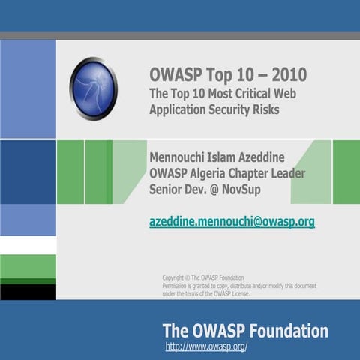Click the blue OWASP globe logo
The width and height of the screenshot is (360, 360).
point(94,88)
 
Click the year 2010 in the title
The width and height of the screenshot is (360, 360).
point(285,76)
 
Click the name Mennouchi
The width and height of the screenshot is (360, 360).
point(180,159)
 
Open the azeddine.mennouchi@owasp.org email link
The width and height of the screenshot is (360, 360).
point(232,222)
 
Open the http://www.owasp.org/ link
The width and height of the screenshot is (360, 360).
point(206,347)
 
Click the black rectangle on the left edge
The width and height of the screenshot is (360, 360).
point(28,291)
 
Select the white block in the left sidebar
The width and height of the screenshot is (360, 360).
point(28,245)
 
